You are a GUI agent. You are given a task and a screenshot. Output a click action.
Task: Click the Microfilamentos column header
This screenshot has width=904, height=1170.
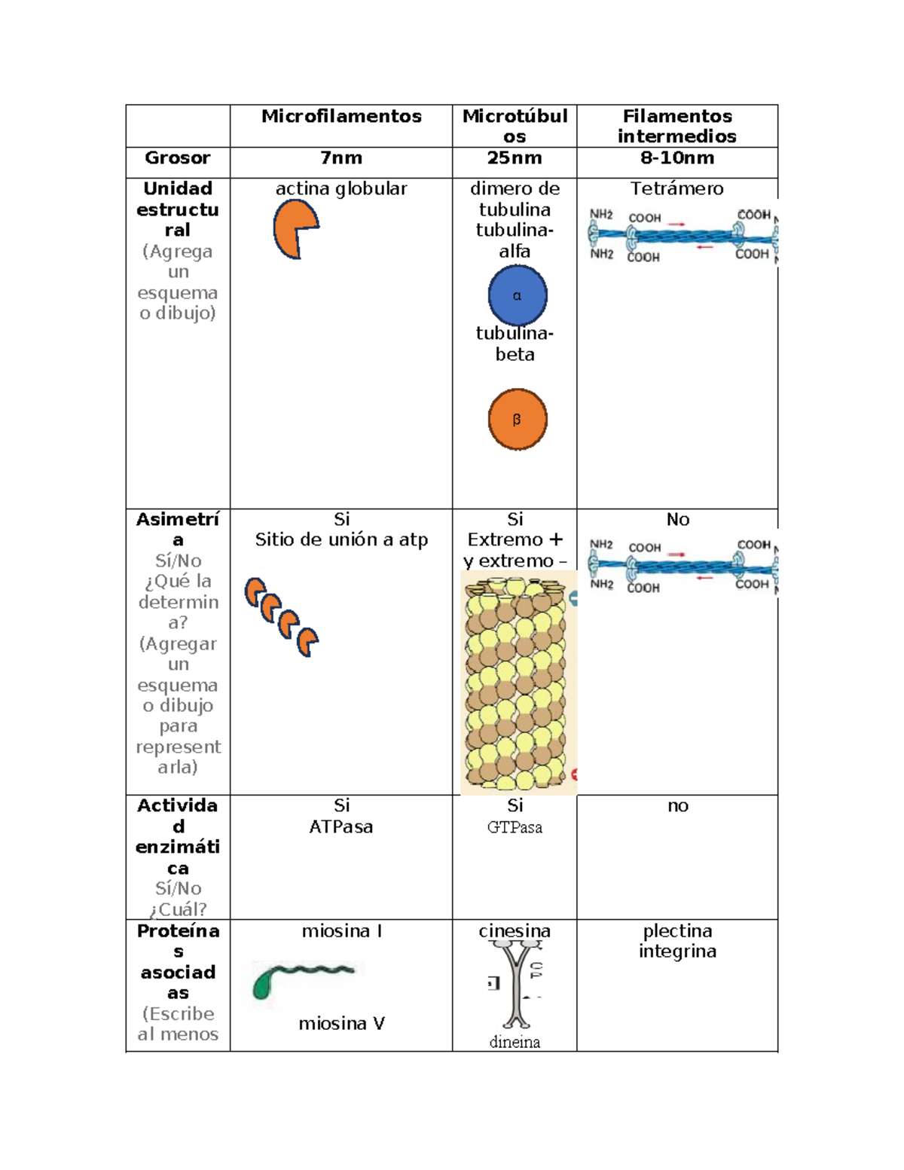pos(341,116)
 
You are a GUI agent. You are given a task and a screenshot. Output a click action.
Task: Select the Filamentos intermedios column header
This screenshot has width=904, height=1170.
pos(676,126)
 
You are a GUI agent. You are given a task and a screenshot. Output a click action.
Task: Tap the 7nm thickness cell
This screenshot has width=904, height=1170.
pos(341,158)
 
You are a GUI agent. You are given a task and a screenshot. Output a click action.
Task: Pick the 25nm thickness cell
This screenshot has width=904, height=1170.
pos(515,158)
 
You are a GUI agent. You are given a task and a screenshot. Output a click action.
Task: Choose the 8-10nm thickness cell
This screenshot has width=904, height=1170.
pos(676,158)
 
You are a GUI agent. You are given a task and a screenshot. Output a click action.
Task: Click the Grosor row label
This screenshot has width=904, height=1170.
pos(178,158)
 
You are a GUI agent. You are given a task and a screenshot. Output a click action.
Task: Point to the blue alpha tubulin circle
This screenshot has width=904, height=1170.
pos(518,295)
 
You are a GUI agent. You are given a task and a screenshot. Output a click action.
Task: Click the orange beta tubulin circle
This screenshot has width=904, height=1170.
pos(518,420)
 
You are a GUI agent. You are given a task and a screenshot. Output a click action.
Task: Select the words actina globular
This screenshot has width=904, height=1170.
pos(341,189)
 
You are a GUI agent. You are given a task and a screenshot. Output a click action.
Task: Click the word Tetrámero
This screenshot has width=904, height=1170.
pos(676,189)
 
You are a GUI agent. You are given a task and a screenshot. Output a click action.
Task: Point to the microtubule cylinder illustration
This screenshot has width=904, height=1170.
pos(517,682)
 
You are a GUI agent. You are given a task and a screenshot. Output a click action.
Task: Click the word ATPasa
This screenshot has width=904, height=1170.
pos(341,826)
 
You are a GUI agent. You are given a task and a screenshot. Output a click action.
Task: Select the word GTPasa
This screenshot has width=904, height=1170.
pos(515,827)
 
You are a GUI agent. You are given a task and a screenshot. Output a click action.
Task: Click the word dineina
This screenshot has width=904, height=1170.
pos(515,1042)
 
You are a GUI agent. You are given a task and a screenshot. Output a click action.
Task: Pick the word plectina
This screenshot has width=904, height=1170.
pos(677,931)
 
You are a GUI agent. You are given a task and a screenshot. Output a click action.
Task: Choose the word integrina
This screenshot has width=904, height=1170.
pos(677,952)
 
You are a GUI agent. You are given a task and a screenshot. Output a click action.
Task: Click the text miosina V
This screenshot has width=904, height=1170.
pos(341,1024)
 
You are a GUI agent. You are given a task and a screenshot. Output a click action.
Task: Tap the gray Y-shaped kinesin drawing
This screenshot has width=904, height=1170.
pos(516,983)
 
